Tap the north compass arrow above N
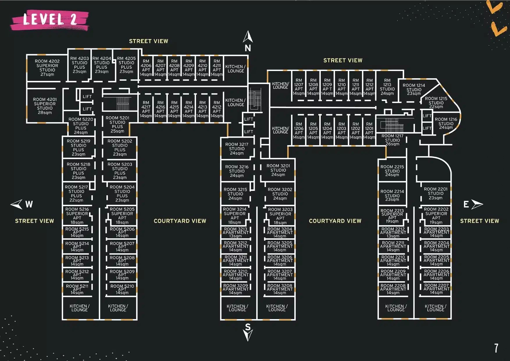248,37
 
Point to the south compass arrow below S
248,335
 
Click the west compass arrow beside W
17,204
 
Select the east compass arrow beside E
477,204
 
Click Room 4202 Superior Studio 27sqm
47,68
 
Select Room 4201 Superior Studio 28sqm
45,106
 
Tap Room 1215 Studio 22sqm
436,102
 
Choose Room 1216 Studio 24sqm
446,123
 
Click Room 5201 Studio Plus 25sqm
117,125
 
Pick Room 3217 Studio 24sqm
237,149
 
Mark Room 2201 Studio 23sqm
436,193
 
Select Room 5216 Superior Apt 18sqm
77,216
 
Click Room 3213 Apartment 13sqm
236,232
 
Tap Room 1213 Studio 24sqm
387,87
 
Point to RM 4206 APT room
146,67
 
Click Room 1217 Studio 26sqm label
392,140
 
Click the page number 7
496,348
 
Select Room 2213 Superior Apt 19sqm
392,216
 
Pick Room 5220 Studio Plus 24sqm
81,126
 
